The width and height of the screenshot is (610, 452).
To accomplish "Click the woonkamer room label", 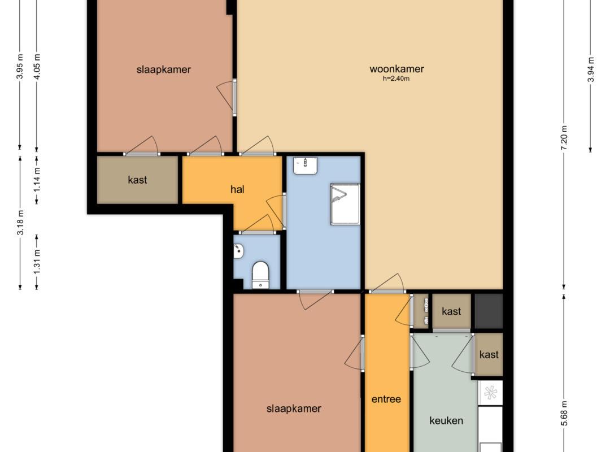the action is click(x=396, y=69).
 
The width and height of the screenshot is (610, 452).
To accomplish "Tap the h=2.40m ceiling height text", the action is click(x=396, y=79).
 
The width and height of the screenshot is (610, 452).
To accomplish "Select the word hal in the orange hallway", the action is click(x=237, y=189).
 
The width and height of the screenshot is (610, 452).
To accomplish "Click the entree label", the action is click(x=386, y=399).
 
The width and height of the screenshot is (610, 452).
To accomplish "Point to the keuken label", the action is click(x=446, y=420).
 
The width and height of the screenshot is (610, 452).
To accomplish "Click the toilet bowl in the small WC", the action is click(x=260, y=275).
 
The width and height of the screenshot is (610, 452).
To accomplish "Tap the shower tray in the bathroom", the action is click(x=345, y=204).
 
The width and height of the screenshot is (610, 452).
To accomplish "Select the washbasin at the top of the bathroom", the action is click(x=306, y=166).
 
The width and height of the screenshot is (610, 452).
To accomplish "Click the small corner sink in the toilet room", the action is click(x=238, y=251).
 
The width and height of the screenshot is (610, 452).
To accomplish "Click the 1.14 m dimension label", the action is click(x=37, y=179).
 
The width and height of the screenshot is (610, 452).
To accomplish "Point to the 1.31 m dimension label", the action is click(x=37, y=262).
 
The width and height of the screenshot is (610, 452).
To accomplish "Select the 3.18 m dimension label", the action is click(x=20, y=222).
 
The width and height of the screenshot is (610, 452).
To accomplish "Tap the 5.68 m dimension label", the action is click(x=564, y=414).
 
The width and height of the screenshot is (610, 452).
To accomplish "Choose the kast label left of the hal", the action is click(x=137, y=180).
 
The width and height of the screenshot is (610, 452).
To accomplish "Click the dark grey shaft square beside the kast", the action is click(x=489, y=311).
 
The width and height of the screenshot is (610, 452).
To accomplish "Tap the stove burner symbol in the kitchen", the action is click(x=490, y=393).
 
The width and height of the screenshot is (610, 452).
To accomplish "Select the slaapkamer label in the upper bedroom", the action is click(x=163, y=69).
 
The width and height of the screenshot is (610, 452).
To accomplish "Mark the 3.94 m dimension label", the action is click(x=591, y=69).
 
